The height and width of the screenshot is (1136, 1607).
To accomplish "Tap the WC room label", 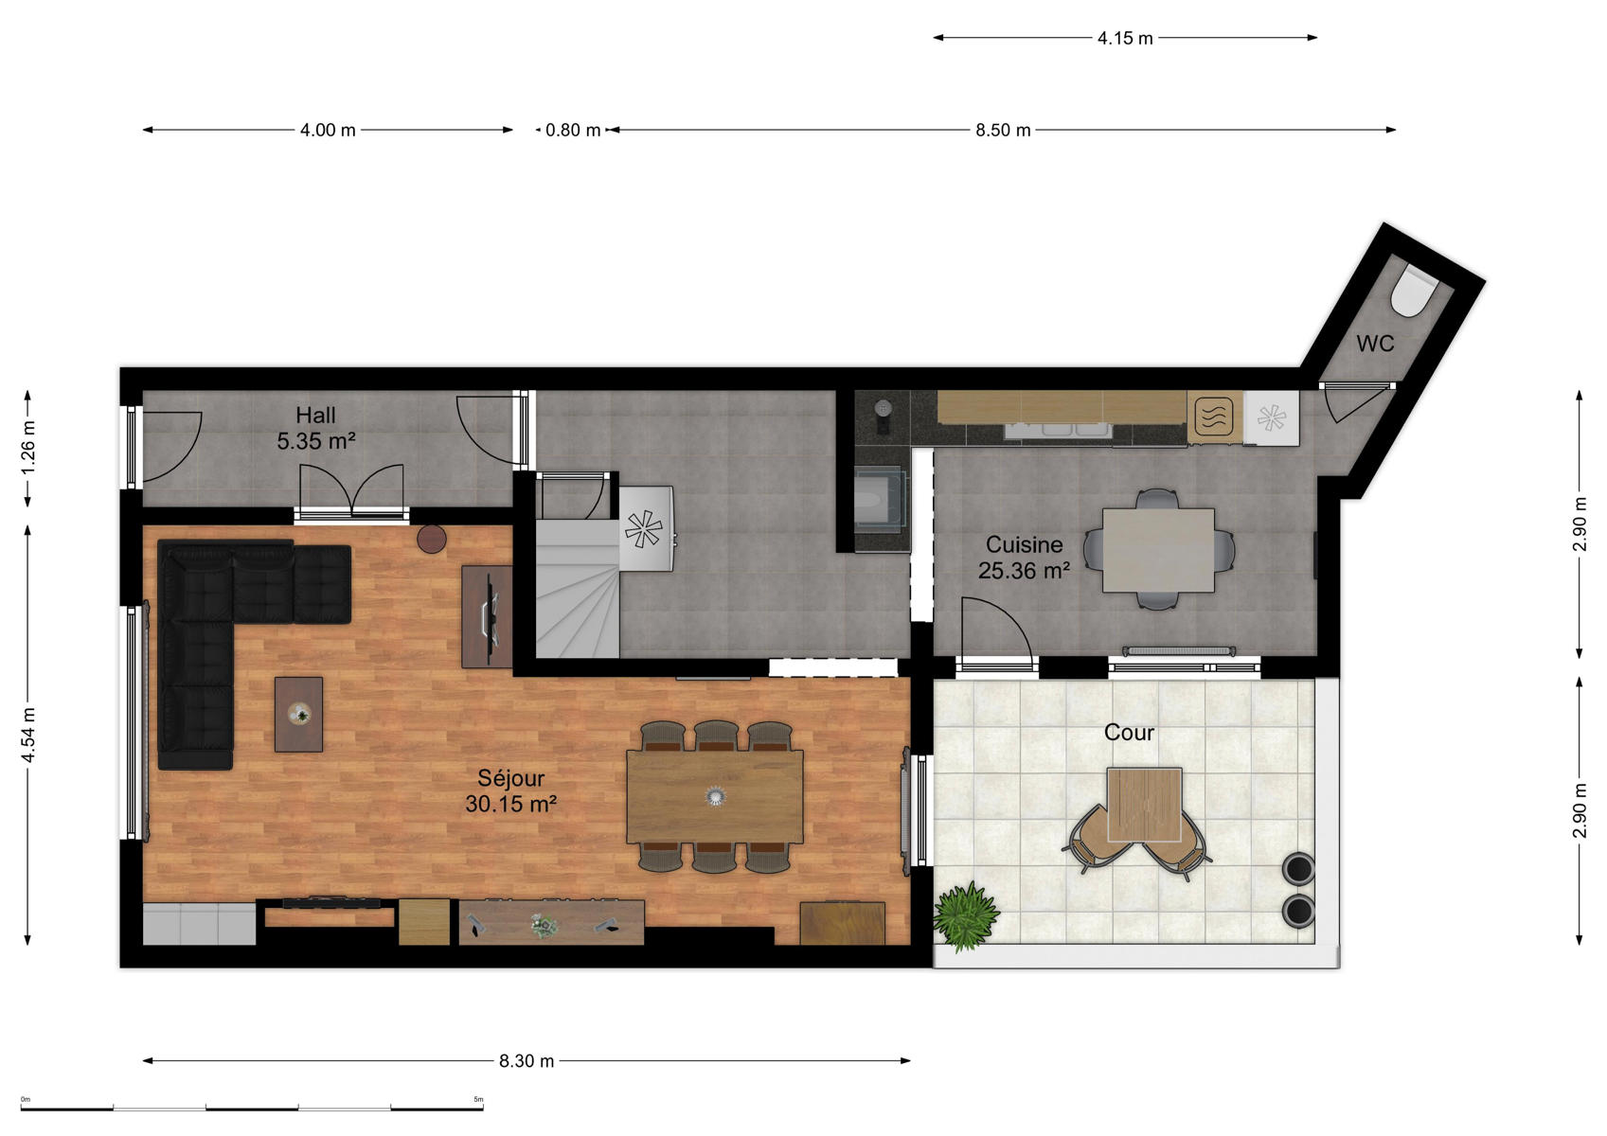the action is coord(1375,344).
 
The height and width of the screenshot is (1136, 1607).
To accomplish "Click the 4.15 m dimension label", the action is coord(1125,38).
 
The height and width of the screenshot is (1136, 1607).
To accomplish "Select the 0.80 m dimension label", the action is coord(573,130).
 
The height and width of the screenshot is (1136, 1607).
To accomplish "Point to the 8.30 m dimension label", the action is coord(527,1060).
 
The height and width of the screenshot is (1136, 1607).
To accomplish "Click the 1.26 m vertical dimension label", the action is coord(27,448).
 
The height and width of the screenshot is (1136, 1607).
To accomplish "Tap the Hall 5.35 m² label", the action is coord(315,428).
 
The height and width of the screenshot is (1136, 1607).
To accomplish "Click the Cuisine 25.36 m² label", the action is coord(1024,558).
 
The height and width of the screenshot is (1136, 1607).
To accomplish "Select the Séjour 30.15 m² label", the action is coord(510,791).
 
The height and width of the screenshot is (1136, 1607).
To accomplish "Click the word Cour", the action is coord(1129,732).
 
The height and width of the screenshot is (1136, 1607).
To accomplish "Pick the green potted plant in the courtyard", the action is coord(966,916).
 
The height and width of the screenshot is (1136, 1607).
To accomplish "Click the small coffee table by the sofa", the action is coord(298,715).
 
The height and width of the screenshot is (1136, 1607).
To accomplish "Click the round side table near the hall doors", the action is coord(432,539).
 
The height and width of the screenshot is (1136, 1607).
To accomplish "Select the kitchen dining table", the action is coord(1158,550).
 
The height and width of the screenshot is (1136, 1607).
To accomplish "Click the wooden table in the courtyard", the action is coord(1144,805).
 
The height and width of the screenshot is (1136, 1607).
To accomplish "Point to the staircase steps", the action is coord(577,589).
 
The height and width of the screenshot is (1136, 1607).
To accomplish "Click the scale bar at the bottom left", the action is coord(252,1108).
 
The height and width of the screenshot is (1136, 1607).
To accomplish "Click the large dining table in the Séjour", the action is coord(715,797).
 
